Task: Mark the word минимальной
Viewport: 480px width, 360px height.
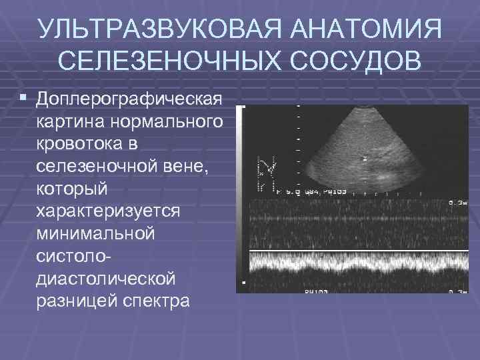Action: (x=96, y=233)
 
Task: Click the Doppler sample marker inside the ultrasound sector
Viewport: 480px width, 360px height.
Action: (x=364, y=159)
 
